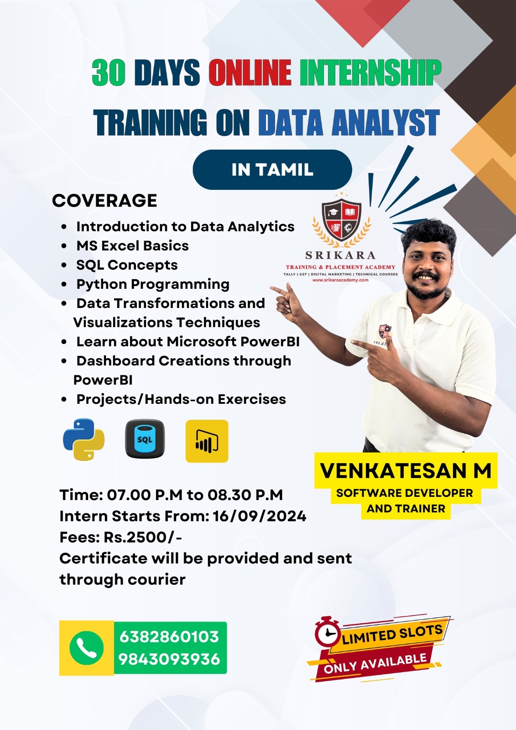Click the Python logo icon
coord(84,439)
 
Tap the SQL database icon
coord(145,438)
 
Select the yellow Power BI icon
coord(207,441)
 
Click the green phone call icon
coord(86,648)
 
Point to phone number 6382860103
coord(169,636)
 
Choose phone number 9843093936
coord(169,659)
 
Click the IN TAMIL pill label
coord(272,169)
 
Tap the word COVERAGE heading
coord(104,200)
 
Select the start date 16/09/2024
coord(260,516)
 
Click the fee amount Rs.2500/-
coord(143,537)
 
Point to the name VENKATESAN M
coord(406,470)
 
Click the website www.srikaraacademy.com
coord(340,280)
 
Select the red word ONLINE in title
coord(250,73)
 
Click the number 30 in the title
coord(108,73)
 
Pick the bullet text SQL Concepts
coord(127,265)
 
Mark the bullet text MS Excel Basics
coord(132,246)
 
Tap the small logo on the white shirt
coord(384,331)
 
